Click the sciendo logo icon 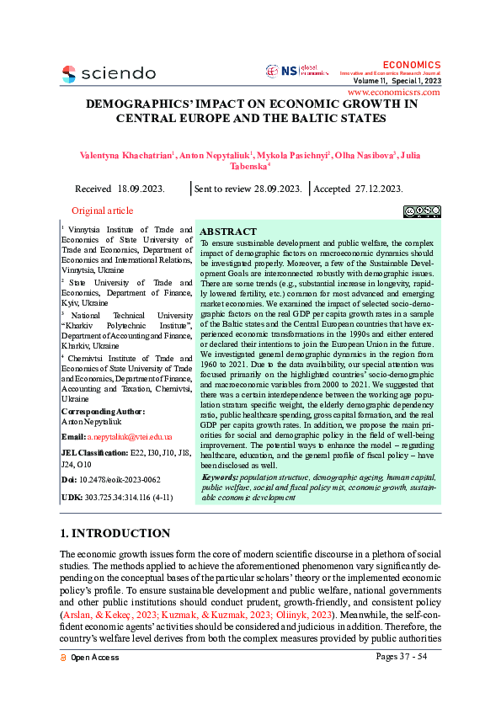(x=69, y=73)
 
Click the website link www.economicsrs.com (x=393, y=92)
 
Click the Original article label (x=102, y=211)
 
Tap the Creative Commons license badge (x=421, y=211)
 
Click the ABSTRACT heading (x=228, y=231)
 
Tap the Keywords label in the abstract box (x=220, y=477)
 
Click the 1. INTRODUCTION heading (x=115, y=533)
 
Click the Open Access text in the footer (x=94, y=657)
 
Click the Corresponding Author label (x=103, y=411)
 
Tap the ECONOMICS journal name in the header (x=411, y=65)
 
